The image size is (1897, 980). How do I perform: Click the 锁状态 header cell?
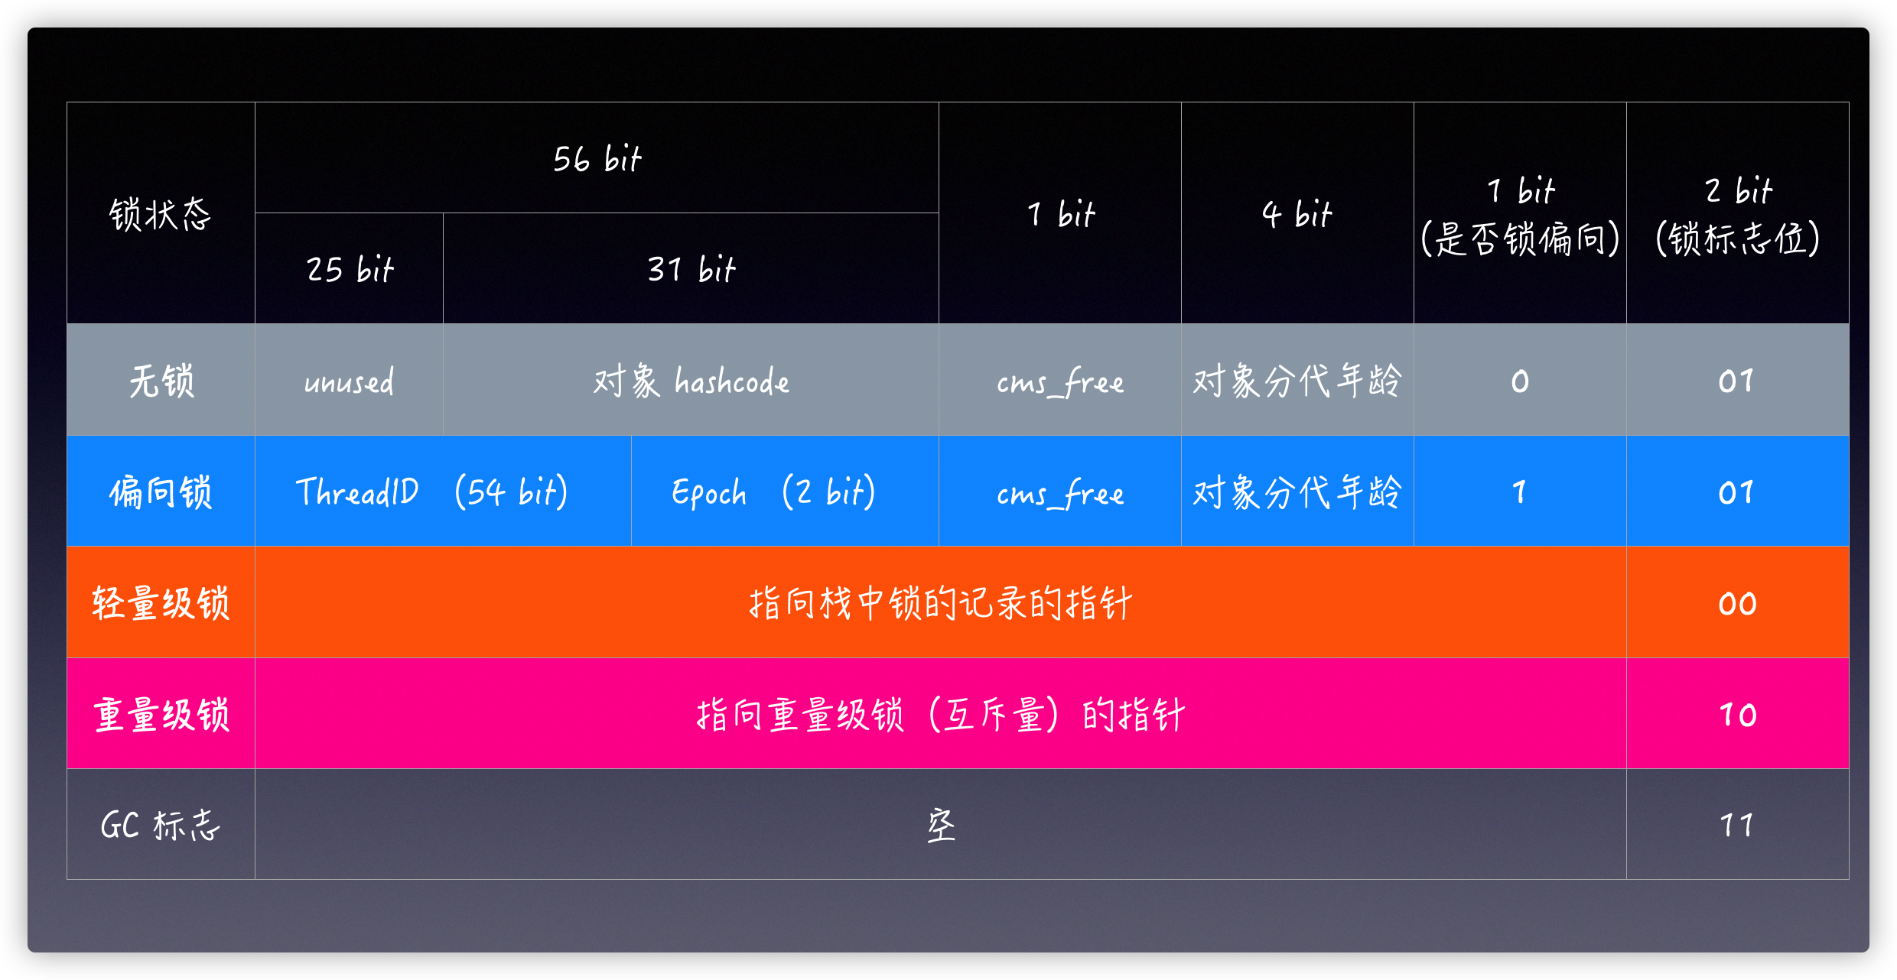coord(161,213)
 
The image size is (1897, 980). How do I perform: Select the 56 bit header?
coord(597,158)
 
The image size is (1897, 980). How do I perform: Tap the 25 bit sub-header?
coord(350,268)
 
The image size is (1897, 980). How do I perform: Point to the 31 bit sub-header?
coord(691,268)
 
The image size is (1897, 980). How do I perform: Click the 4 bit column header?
coord(1297,213)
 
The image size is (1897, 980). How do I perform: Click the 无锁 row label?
coord(161,380)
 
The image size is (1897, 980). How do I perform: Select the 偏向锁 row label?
coord(161,491)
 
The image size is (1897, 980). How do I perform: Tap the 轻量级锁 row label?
coord(161,602)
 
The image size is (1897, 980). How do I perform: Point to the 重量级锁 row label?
coord(161,714)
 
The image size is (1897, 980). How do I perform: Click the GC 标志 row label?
coord(161,825)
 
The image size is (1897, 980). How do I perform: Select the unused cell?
coord(350,380)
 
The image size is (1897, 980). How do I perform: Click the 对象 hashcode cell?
coord(691,380)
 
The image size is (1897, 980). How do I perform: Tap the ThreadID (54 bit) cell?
coord(443,491)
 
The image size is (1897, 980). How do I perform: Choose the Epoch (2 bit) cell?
coord(785,491)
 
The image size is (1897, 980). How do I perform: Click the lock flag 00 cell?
coord(1738,602)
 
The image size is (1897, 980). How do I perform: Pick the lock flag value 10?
coord(1738,714)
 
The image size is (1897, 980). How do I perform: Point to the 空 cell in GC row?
coord(941,825)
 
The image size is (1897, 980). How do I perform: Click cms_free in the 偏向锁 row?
coord(1060,491)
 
